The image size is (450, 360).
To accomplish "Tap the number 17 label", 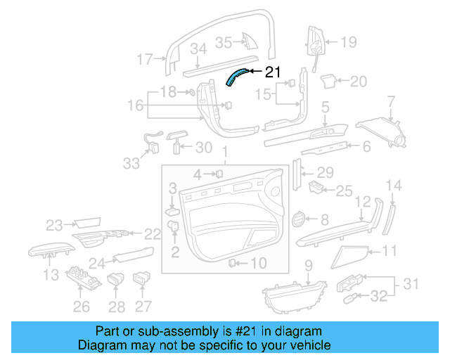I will pyautogui.click(x=144, y=60).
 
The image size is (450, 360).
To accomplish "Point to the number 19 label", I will pyautogui.click(x=349, y=42).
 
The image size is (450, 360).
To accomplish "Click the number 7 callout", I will pyautogui.click(x=392, y=106).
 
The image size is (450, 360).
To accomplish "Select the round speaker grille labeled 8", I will pyautogui.click(x=298, y=219).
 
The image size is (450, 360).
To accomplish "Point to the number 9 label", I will pyautogui.click(x=307, y=265).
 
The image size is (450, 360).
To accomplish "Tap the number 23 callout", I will pyautogui.click(x=55, y=225).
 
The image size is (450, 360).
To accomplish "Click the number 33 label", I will pyautogui.click(x=131, y=163).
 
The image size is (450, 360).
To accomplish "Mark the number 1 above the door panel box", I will pyautogui.click(x=225, y=153).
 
